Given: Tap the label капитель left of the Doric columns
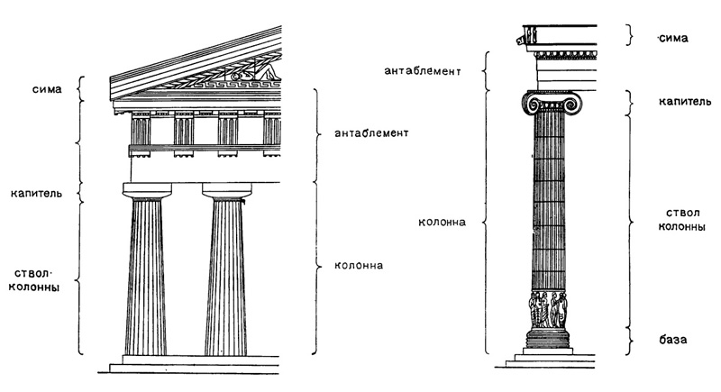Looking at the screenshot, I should click(35, 193).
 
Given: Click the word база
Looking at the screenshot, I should click(673, 340).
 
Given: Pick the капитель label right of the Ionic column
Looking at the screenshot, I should click(679, 101).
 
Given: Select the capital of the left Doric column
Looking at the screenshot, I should click(147, 190).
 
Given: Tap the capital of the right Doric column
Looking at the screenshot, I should click(226, 190).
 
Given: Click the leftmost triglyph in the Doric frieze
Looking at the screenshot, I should click(140, 131).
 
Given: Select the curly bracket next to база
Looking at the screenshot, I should click(631, 340).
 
